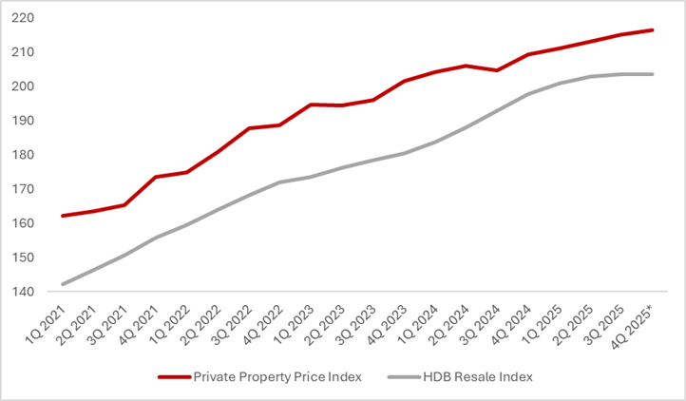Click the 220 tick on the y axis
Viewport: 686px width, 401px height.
click(x=24, y=18)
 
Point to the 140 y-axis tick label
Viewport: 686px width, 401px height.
click(x=24, y=292)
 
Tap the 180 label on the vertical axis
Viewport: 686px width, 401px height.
click(x=24, y=155)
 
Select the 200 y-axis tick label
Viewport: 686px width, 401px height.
click(x=24, y=86)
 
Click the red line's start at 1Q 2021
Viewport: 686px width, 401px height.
click(x=64, y=216)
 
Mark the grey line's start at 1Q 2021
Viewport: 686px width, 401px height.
click(x=64, y=284)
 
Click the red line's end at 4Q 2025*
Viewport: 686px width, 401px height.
click(x=652, y=30)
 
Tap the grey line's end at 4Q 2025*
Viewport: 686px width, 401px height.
click(x=652, y=74)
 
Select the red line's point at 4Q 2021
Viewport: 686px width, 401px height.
click(x=157, y=177)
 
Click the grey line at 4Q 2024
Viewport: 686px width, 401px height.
click(x=528, y=94)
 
